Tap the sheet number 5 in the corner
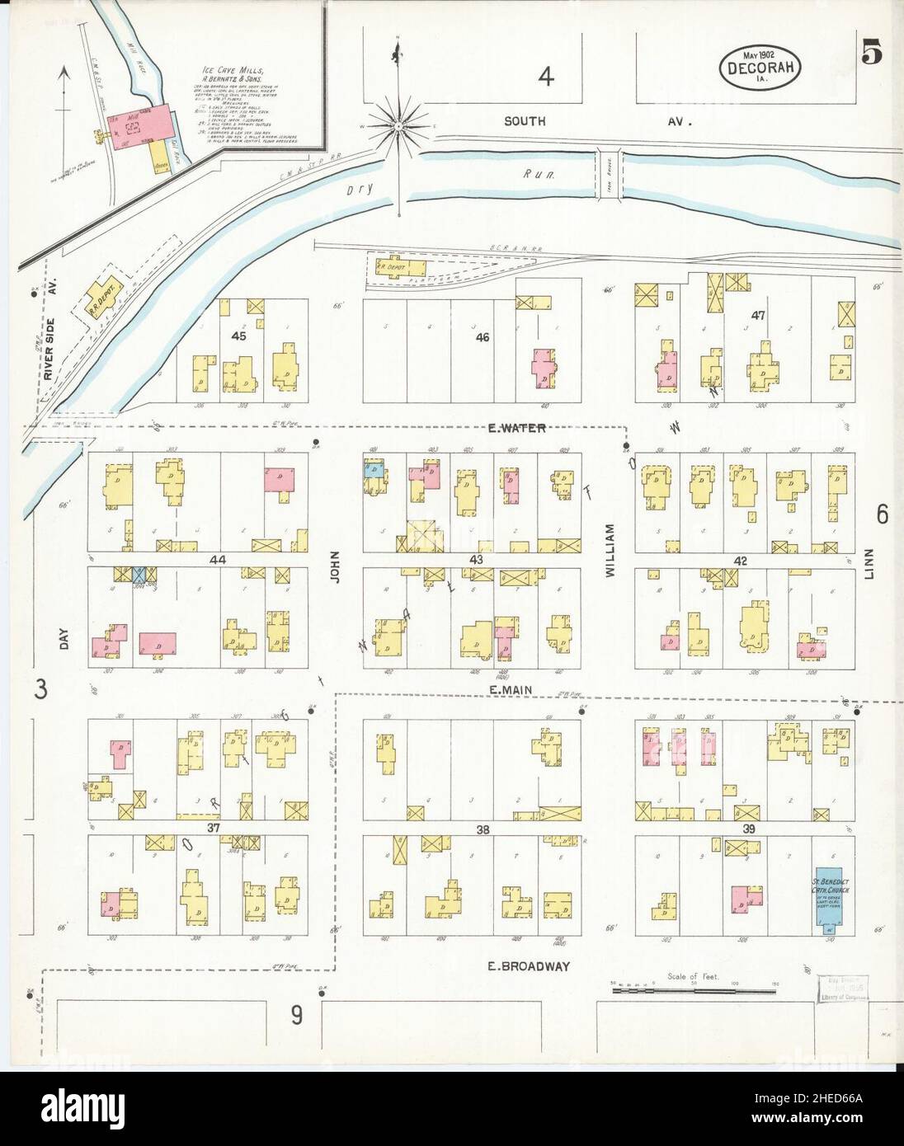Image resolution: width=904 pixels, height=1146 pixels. [x=873, y=52]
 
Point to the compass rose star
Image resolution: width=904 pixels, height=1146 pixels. [x=398, y=126]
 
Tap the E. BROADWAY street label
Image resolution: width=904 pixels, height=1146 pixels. [x=525, y=965]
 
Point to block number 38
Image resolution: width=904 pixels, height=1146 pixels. [x=482, y=829]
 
